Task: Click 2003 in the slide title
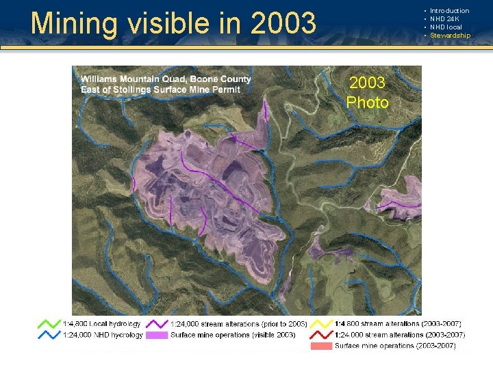click(283, 23)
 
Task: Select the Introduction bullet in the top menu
click(449, 11)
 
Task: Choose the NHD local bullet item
click(446, 27)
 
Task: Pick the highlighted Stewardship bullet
click(450, 36)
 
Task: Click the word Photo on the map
click(368, 103)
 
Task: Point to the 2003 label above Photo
click(368, 83)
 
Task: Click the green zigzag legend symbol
click(48, 323)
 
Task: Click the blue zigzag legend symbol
click(48, 335)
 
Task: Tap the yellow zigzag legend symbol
click(320, 323)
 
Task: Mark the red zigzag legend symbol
click(320, 335)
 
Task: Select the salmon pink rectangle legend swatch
click(320, 346)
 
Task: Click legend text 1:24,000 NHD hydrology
click(103, 335)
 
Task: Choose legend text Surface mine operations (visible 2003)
click(233, 335)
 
